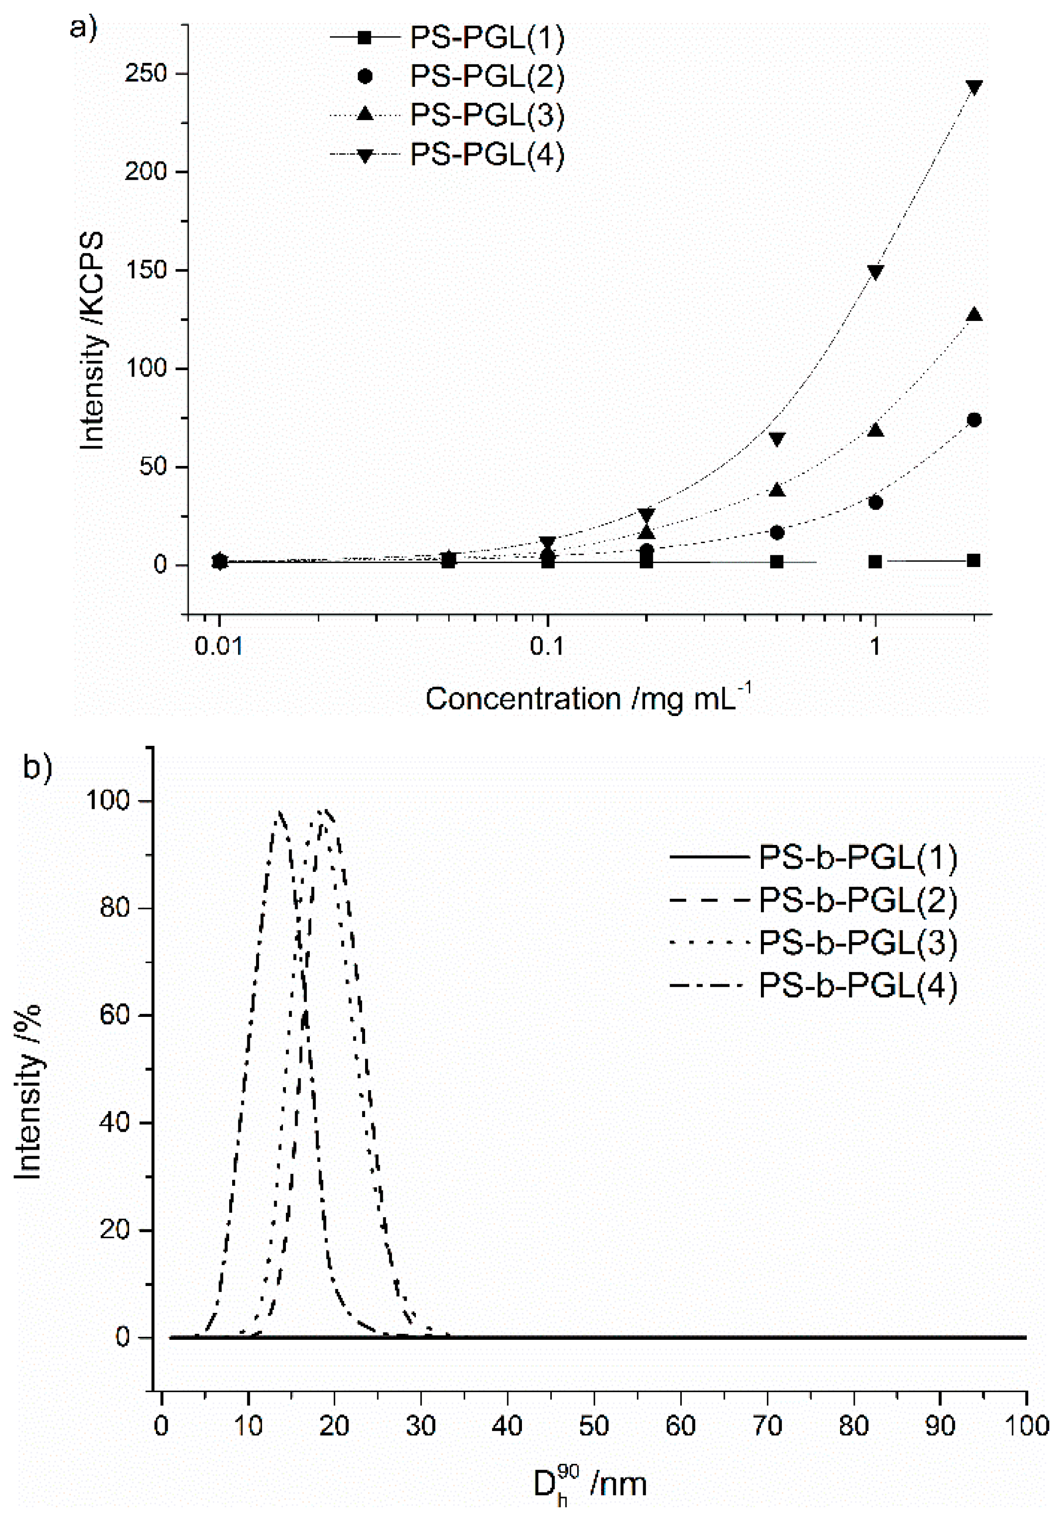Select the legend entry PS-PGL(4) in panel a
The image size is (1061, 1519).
486,155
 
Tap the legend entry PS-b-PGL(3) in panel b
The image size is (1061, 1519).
858,943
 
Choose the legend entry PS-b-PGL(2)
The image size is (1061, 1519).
858,901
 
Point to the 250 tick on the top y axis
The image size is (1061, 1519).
146,73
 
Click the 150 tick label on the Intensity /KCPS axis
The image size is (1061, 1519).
146,271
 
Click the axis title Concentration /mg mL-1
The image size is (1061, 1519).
588,699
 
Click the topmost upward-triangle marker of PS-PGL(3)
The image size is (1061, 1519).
974,315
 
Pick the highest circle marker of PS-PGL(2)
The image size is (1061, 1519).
974,420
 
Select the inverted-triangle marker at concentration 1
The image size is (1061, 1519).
875,273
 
